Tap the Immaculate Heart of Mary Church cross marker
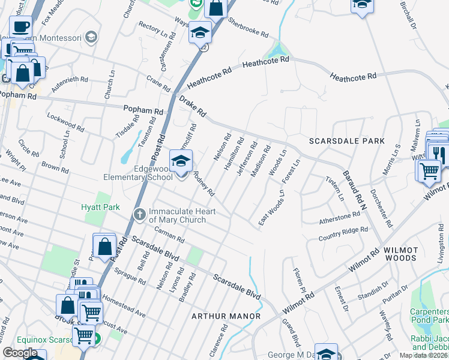click(x=139, y=214)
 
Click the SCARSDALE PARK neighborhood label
click(x=346, y=141)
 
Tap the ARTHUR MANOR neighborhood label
click(x=226, y=316)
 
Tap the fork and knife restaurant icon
click(x=439, y=155)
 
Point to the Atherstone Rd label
click(x=339, y=218)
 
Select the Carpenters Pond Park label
click(x=429, y=316)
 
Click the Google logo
click(x=20, y=353)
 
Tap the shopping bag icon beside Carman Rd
click(x=104, y=246)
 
